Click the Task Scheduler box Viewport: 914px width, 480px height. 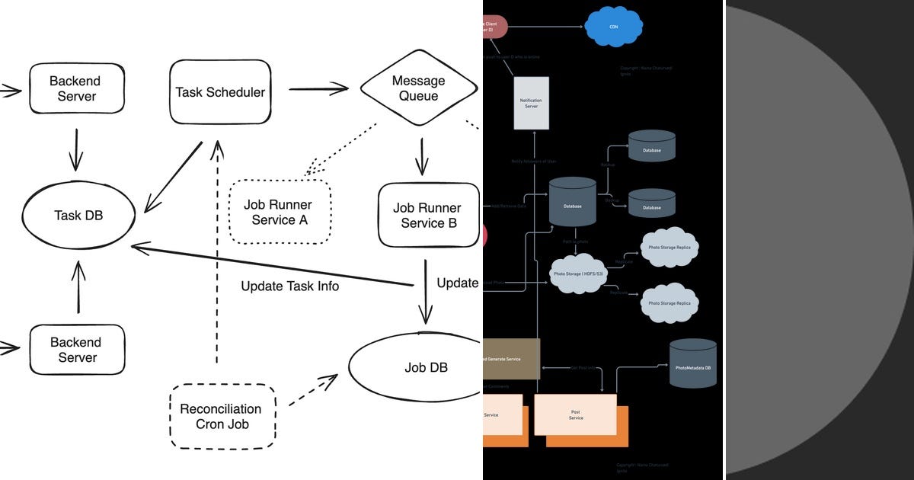(x=220, y=92)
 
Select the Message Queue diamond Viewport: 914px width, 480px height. (x=418, y=88)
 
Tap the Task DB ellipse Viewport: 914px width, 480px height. (x=78, y=216)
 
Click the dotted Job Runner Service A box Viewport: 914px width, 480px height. (x=279, y=212)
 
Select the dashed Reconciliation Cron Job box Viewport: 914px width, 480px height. (x=220, y=416)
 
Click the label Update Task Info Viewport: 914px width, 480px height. (x=289, y=286)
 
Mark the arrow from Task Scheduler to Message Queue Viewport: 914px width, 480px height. (x=318, y=89)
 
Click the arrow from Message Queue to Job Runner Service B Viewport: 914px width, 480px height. (x=420, y=156)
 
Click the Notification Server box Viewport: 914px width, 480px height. (x=530, y=103)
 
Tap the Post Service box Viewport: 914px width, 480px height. (x=575, y=415)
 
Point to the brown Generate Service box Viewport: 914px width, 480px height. (x=512, y=359)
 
